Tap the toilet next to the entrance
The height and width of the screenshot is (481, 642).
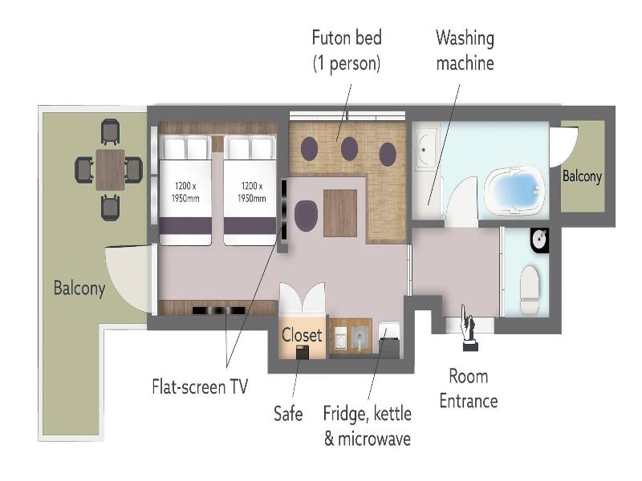click(x=530, y=289)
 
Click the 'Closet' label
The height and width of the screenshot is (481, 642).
click(x=302, y=335)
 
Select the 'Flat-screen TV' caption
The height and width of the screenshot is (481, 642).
click(x=200, y=386)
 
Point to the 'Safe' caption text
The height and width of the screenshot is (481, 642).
click(x=288, y=414)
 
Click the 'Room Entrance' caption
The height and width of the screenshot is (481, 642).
click(x=469, y=389)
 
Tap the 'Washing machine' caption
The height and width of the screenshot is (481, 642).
click(x=465, y=51)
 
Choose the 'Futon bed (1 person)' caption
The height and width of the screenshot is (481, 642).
click(x=347, y=51)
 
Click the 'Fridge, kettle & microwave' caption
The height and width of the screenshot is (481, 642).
click(x=368, y=426)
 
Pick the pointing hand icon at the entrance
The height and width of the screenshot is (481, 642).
click(x=469, y=328)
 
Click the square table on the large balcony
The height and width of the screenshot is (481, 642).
click(x=110, y=170)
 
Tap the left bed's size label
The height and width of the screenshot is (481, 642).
click(x=185, y=192)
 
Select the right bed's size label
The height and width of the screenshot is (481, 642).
click(x=251, y=192)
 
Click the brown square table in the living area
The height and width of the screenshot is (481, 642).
click(x=339, y=213)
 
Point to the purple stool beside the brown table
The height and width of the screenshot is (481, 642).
click(x=306, y=216)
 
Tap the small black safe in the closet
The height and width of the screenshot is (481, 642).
click(x=303, y=352)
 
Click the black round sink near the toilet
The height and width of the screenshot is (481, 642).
click(x=539, y=240)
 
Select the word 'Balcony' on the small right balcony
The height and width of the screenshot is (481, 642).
click(x=582, y=176)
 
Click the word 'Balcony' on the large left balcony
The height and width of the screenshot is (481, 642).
click(x=79, y=288)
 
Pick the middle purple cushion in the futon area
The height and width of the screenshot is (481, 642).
click(x=349, y=148)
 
